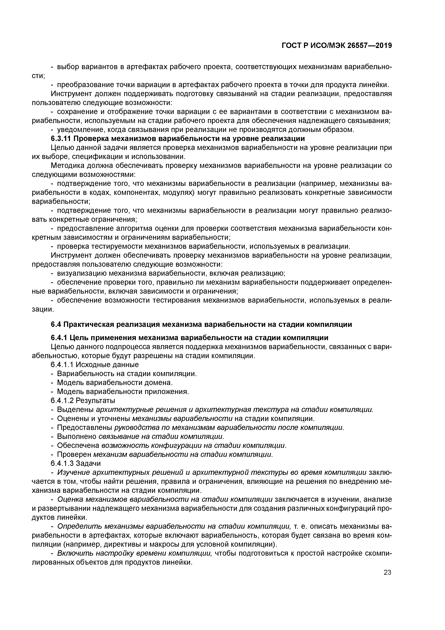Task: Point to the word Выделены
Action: point(74,409)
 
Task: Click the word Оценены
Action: point(72,418)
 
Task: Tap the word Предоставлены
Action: point(85,427)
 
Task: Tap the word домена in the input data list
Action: point(160,383)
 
